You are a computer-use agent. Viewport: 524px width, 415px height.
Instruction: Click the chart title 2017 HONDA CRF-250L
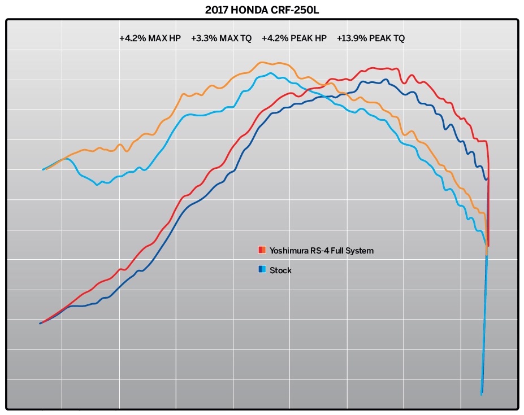coord(262,10)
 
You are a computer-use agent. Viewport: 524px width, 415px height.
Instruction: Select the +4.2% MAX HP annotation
coord(150,39)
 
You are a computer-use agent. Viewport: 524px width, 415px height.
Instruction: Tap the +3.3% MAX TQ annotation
coord(220,39)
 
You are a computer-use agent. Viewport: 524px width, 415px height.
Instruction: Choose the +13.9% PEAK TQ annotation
coord(370,39)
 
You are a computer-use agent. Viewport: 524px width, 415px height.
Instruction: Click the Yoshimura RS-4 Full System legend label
coord(321,250)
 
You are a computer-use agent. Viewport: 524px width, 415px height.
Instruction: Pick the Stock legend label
coord(280,270)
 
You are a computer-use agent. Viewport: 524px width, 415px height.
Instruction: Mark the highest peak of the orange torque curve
coord(262,62)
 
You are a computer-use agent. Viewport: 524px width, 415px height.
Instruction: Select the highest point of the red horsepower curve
coord(386,68)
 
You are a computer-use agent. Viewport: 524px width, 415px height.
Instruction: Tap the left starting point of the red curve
coord(40,323)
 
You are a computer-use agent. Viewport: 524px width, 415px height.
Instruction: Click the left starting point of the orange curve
coord(43,169)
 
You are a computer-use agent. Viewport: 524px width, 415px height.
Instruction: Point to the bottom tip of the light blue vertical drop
coord(481,394)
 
